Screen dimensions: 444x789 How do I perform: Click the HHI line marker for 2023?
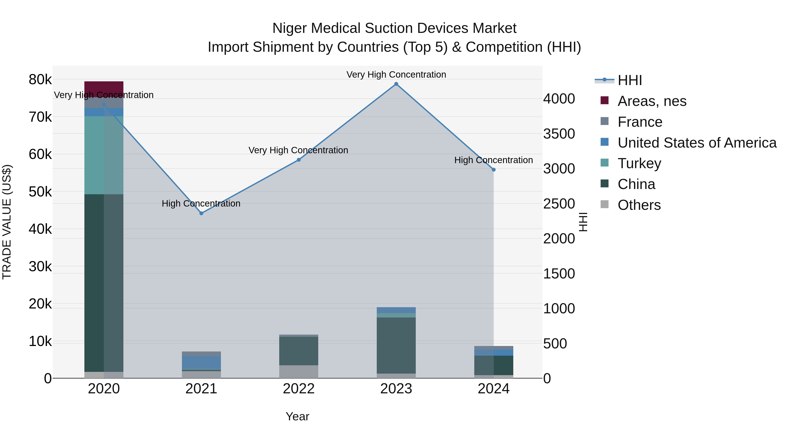point(396,84)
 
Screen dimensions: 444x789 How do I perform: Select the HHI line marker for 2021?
point(201,213)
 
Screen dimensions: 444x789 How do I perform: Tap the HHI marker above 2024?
point(493,170)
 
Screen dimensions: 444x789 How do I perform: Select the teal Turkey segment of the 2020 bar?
point(104,155)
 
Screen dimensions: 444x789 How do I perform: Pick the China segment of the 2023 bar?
point(396,345)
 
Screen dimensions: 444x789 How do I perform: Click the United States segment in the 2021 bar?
point(201,362)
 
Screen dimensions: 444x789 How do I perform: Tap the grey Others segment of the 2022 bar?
point(299,371)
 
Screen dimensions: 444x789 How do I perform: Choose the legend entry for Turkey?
point(639,163)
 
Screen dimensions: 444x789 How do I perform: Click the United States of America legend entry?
point(697,143)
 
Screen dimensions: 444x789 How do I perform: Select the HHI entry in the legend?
point(629,80)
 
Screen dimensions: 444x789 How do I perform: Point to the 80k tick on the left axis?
point(40,80)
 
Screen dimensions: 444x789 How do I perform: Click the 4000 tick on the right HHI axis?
point(559,99)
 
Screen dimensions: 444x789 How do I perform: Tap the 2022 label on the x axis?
point(299,389)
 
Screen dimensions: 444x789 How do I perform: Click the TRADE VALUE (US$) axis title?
point(7,222)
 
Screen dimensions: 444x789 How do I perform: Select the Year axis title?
point(297,416)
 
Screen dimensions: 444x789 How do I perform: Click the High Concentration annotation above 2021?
point(201,203)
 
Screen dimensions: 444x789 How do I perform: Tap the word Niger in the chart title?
point(290,28)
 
